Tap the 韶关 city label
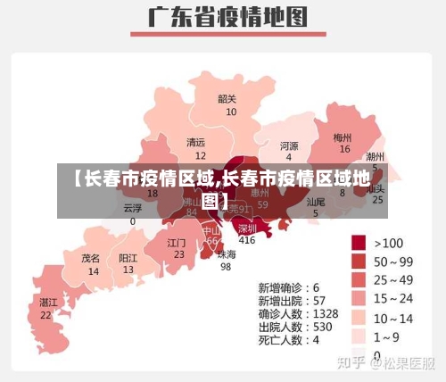click(x=227, y=99)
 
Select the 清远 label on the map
click(x=195, y=142)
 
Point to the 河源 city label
click(x=289, y=145)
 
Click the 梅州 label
click(x=343, y=137)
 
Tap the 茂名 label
click(x=91, y=258)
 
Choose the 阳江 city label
click(x=128, y=258)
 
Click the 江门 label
click(x=177, y=242)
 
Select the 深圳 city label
click(x=247, y=228)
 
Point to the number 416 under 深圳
click(x=247, y=240)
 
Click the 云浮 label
click(x=133, y=208)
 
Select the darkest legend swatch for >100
click(x=359, y=242)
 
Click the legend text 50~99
click(x=393, y=262)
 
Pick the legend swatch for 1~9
click(x=359, y=336)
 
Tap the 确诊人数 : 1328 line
click(x=298, y=314)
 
